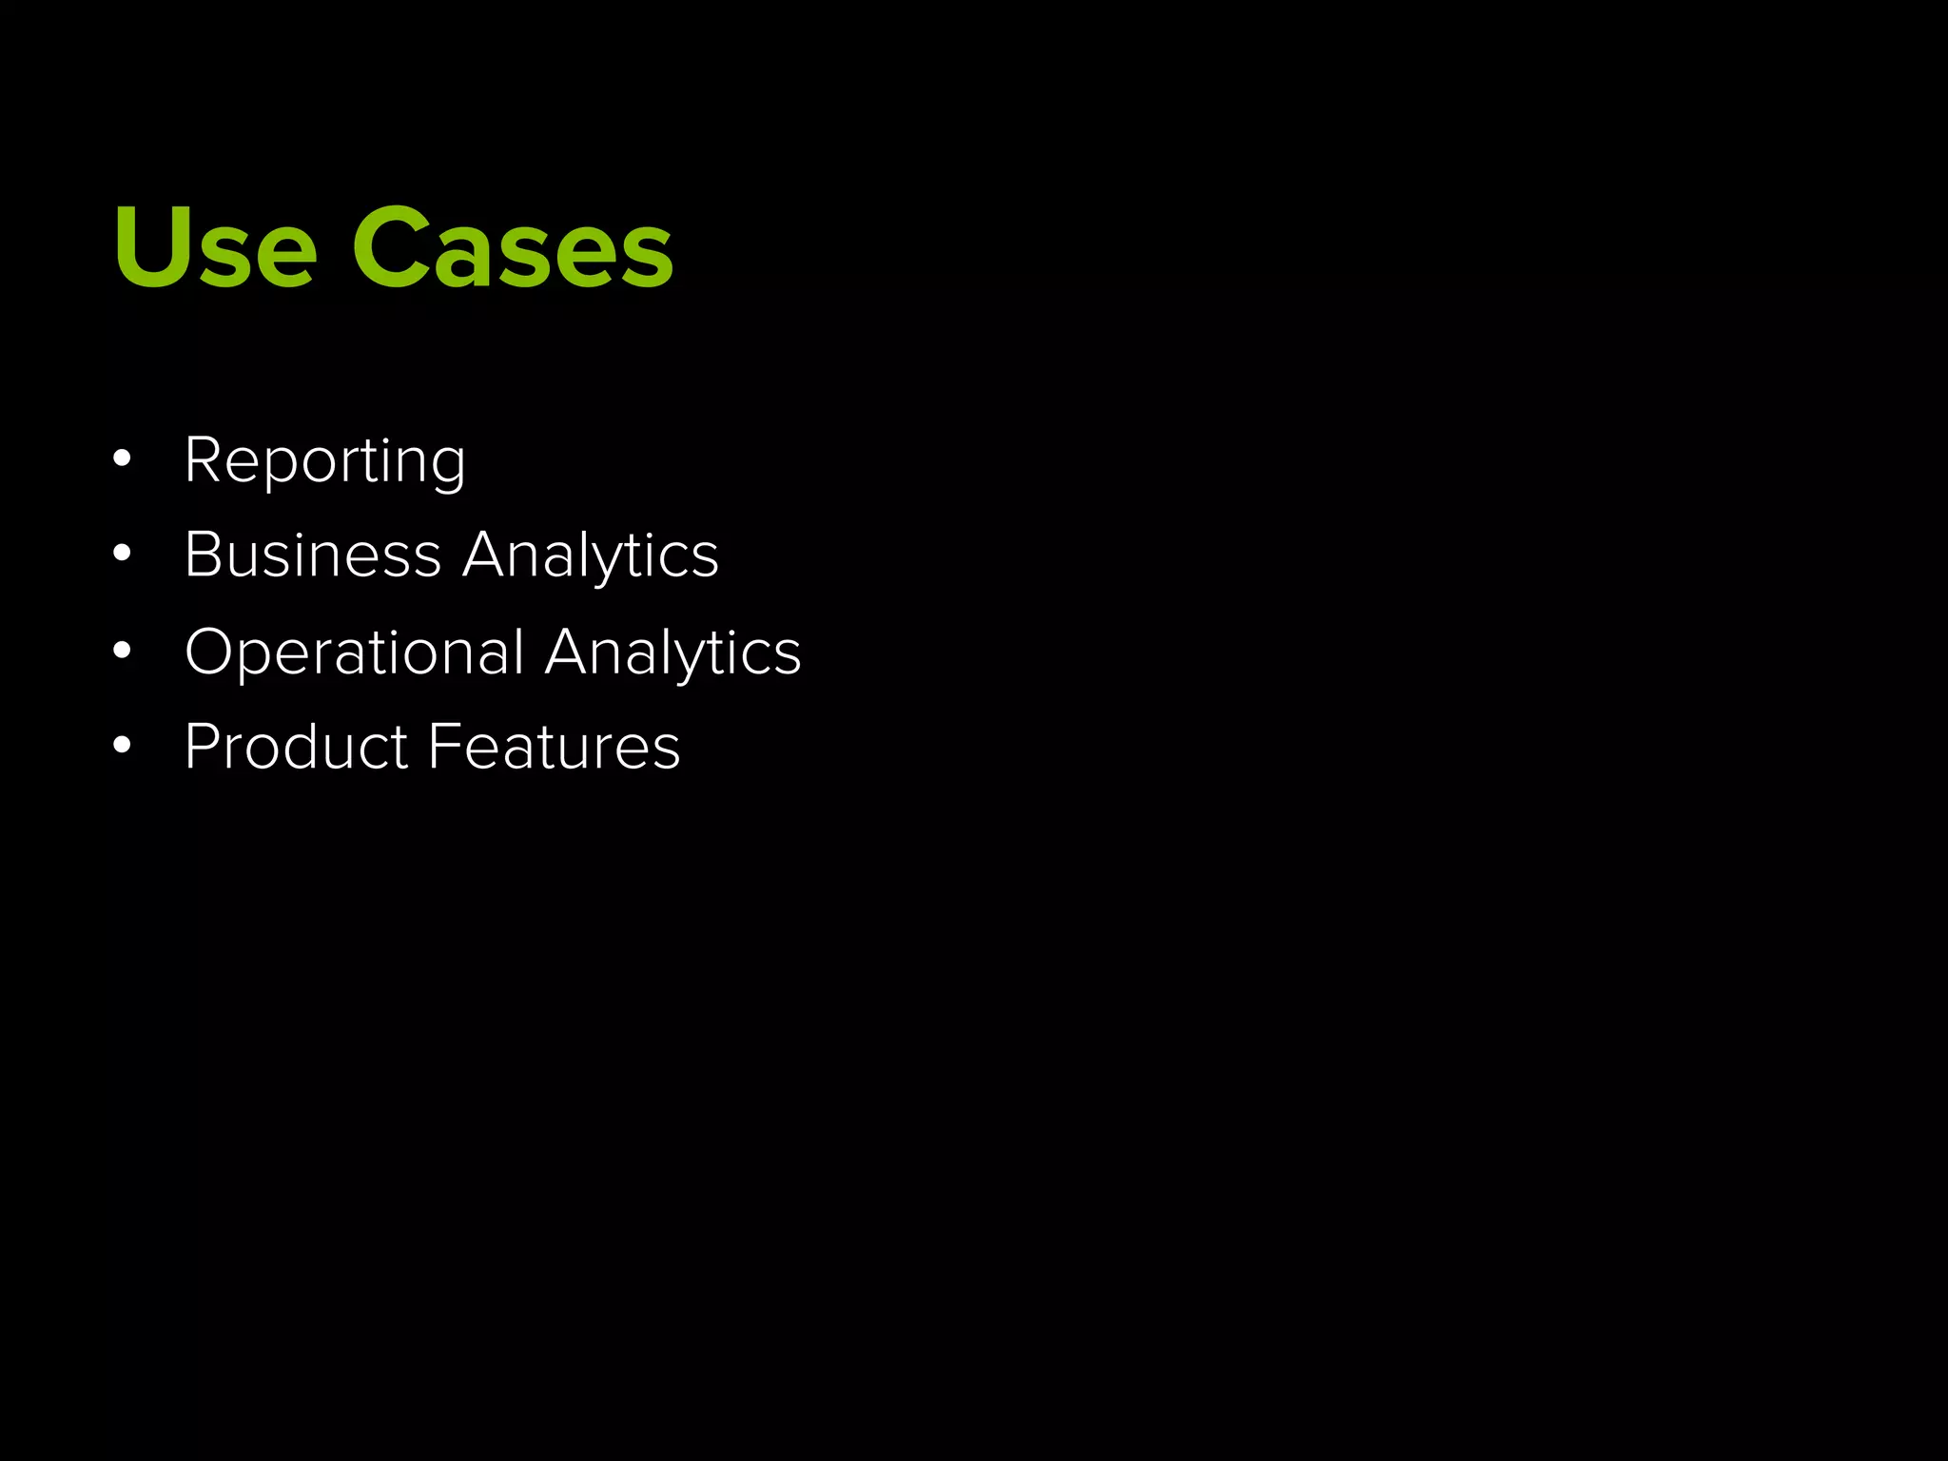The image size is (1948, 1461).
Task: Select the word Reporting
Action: pos(325,461)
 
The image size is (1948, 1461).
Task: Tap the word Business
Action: pos(313,555)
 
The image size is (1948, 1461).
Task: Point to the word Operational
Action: pos(355,653)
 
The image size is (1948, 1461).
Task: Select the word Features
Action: pos(555,747)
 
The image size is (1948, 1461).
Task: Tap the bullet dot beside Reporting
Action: pos(121,459)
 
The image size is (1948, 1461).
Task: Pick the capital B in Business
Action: pos(203,555)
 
